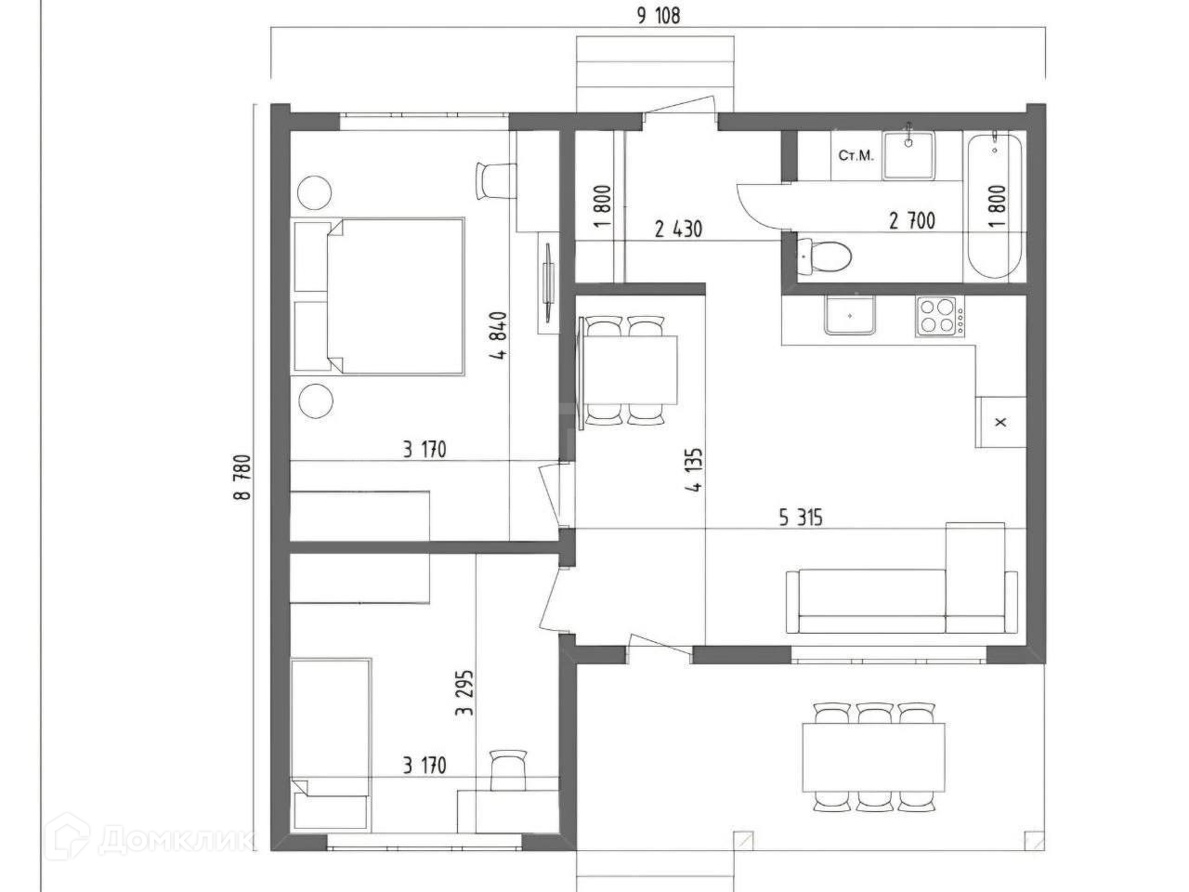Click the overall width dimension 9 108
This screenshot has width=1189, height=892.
(659, 16)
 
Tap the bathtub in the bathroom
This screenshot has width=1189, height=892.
(994, 206)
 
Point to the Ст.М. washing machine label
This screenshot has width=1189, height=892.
(856, 156)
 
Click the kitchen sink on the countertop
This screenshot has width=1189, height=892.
(849, 315)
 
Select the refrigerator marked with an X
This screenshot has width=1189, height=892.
(1000, 422)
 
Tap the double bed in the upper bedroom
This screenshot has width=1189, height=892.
(379, 296)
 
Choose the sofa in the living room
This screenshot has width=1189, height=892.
(901, 590)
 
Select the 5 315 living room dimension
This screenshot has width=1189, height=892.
(801, 518)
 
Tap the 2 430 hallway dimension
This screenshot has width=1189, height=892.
(678, 229)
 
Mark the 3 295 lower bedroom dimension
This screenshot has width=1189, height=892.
(464, 693)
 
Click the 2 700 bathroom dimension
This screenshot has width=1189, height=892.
(912, 220)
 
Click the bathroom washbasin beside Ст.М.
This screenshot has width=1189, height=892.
(909, 155)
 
